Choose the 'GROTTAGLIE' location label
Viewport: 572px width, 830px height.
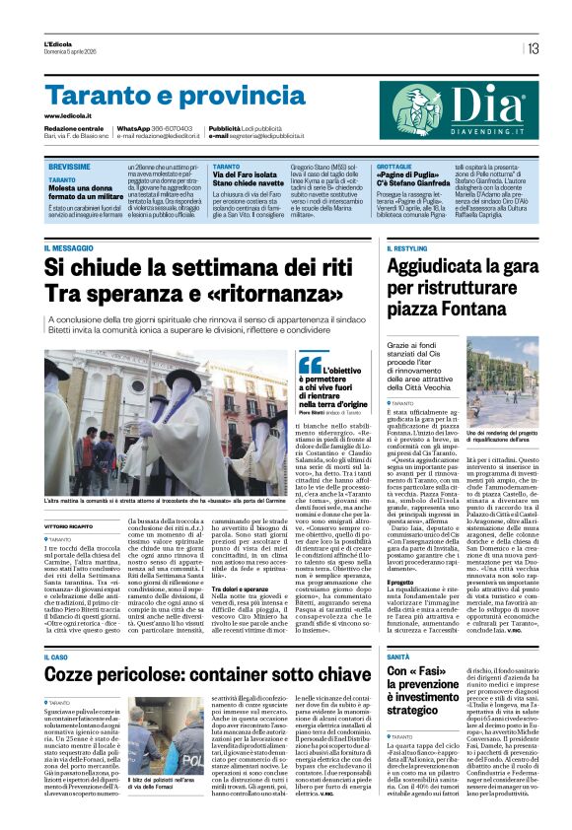pos(395,167)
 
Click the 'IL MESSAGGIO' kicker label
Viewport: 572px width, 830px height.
pos(72,248)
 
